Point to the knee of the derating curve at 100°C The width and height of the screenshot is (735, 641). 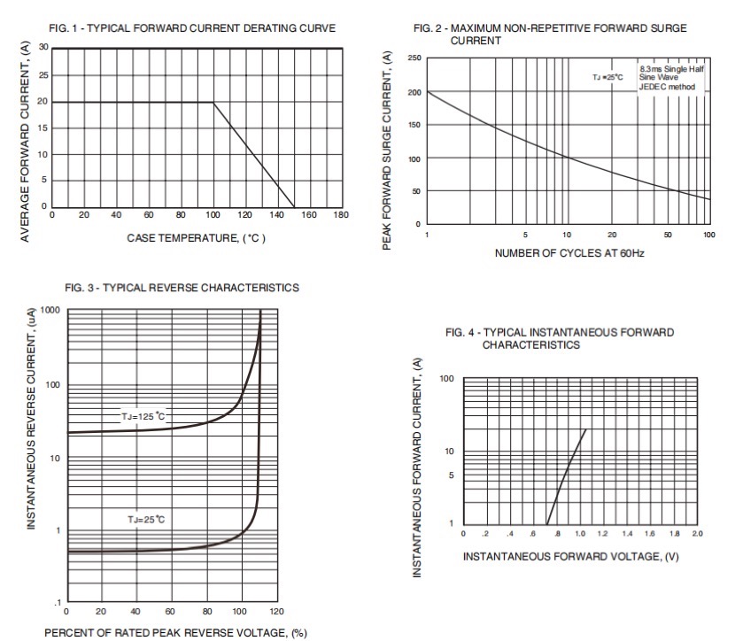click(x=213, y=102)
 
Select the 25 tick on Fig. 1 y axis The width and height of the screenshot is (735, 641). click(x=43, y=75)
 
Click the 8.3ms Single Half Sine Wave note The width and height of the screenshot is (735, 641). click(x=672, y=77)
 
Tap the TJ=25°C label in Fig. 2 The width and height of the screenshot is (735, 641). click(x=608, y=78)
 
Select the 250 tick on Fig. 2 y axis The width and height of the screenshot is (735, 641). click(x=414, y=58)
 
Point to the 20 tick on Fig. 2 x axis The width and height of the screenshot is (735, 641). click(x=612, y=235)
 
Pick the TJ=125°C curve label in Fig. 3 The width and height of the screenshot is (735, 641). click(x=143, y=415)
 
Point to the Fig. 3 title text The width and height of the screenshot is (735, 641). click(x=182, y=288)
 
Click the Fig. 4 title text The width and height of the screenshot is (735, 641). click(x=560, y=338)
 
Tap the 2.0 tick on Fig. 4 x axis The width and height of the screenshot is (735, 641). click(x=697, y=534)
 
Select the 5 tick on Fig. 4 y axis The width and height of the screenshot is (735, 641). click(x=451, y=475)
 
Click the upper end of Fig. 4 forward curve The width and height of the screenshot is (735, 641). click(x=585, y=430)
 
